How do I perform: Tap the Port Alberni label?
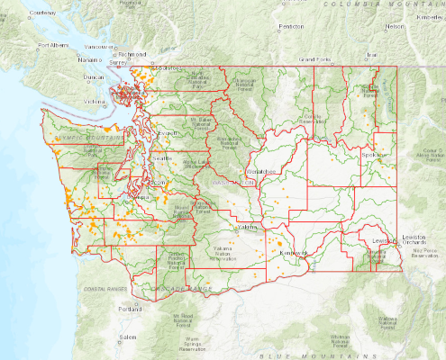click(x=52, y=45)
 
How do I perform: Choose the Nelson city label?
click(x=394, y=26)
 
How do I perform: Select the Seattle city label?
click(x=163, y=158)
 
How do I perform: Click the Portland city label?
click(x=128, y=309)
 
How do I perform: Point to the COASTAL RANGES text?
click(x=98, y=289)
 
